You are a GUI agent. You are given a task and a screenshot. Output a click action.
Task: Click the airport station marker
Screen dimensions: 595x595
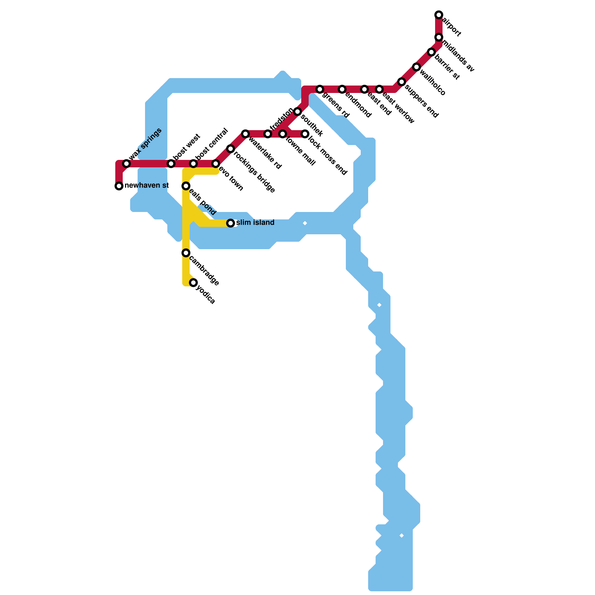pos(439,15)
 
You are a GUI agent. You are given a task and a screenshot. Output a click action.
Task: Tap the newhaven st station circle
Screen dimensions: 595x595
pos(119,186)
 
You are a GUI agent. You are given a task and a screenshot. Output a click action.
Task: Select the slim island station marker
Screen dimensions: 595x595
pos(231,223)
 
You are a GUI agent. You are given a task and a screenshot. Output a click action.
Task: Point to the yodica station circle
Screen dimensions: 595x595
pos(193,283)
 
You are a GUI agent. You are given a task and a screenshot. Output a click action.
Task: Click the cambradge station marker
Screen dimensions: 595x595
pos(186,253)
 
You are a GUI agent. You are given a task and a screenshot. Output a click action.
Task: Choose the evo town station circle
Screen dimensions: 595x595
pos(216,164)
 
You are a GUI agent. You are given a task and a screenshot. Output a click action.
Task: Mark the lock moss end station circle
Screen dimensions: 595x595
pos(305,134)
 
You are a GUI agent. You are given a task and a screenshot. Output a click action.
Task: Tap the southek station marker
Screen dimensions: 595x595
pos(297,112)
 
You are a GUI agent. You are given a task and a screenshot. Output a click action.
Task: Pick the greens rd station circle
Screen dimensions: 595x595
pos(320,89)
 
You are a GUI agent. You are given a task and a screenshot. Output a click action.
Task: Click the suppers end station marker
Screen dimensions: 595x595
pos(402,82)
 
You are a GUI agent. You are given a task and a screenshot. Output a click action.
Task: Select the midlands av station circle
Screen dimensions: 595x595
pos(439,37)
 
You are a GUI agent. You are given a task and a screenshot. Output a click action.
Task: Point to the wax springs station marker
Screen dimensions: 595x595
pos(126,164)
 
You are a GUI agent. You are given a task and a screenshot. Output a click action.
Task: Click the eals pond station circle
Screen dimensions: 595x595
pos(186,186)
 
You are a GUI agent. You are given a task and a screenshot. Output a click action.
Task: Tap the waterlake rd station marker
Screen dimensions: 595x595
pos(245,134)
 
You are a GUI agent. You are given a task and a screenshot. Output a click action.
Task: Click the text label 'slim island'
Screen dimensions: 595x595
pos(255,223)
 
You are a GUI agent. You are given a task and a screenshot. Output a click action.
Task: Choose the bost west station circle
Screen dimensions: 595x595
pos(171,164)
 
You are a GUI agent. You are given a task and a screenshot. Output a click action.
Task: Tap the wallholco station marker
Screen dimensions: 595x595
pos(416,67)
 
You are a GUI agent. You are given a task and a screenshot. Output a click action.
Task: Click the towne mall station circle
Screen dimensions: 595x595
pos(283,134)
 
